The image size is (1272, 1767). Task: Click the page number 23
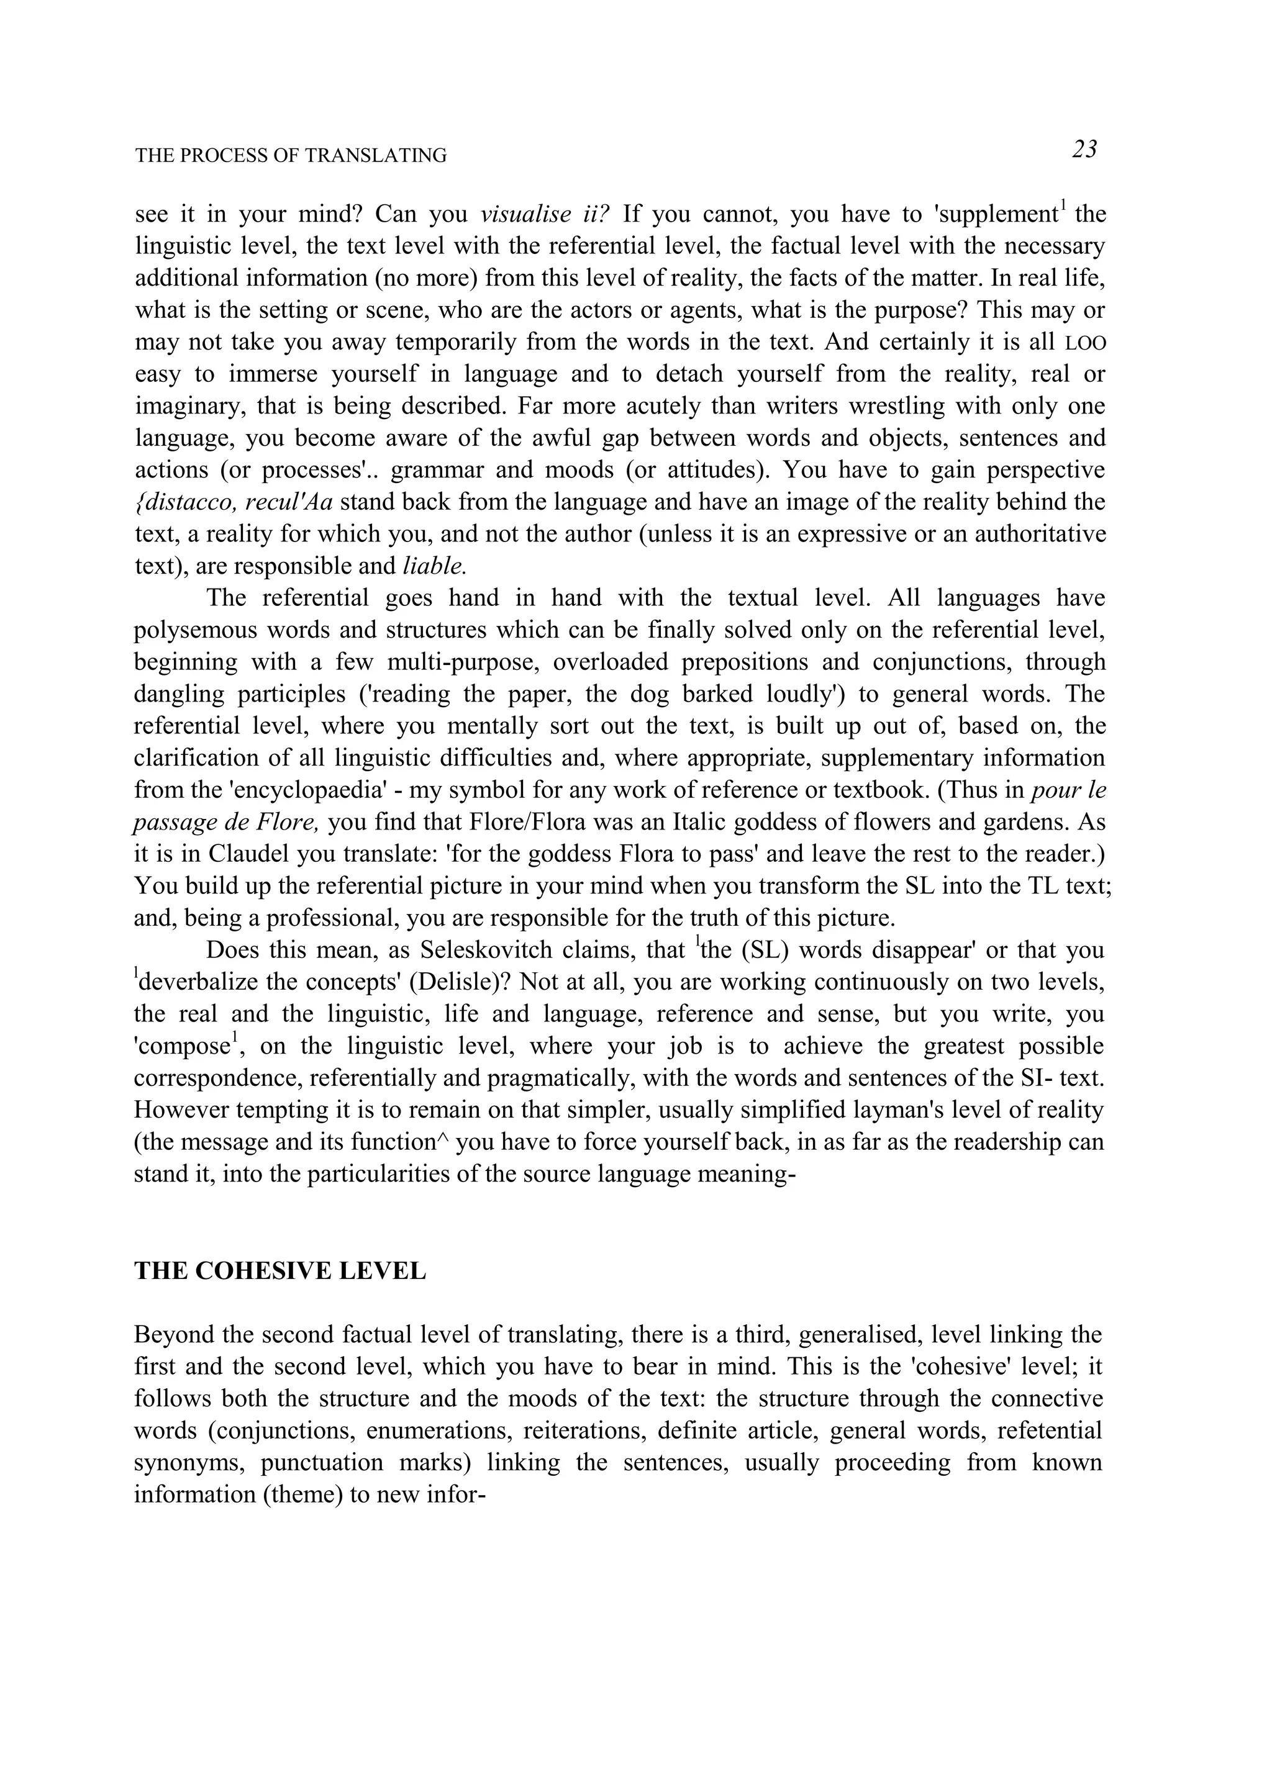(x=1084, y=149)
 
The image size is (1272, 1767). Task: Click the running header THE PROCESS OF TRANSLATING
(x=291, y=156)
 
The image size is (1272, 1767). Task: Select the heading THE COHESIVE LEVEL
(x=280, y=1271)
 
